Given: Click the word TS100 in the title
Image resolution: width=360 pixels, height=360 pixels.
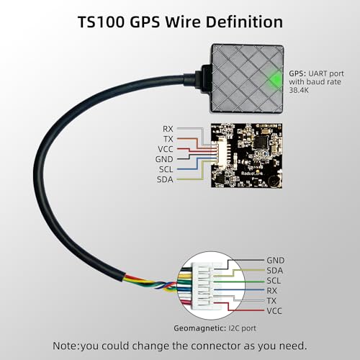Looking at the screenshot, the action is (102, 22).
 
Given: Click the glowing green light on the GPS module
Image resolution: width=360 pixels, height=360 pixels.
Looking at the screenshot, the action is (275, 78).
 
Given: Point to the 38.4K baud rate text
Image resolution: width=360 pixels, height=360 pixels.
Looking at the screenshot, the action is (299, 90).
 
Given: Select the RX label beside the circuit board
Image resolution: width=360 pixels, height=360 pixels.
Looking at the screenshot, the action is (168, 129).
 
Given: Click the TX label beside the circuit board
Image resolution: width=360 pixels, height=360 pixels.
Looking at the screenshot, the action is (168, 139).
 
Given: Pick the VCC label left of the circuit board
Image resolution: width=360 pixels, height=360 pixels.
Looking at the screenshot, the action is (166, 149).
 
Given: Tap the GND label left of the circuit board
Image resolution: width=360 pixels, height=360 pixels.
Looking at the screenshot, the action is (164, 159).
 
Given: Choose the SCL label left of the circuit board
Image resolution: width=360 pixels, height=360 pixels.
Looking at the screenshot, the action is (166, 169).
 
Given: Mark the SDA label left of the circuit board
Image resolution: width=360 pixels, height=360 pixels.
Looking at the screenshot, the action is (165, 179).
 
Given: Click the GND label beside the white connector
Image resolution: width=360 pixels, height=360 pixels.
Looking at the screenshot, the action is (276, 260).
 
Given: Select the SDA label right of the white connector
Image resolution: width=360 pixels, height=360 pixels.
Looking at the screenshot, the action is (275, 271).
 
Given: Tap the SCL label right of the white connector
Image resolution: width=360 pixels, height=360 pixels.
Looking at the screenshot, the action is (274, 281).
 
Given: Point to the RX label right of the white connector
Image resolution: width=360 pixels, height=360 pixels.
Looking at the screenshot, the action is (271, 291).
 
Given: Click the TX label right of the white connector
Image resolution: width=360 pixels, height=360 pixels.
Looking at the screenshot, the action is (271, 301).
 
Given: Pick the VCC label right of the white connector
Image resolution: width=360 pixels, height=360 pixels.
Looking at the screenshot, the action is (274, 311).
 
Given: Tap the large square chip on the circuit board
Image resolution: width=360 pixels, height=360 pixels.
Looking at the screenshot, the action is (261, 142).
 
